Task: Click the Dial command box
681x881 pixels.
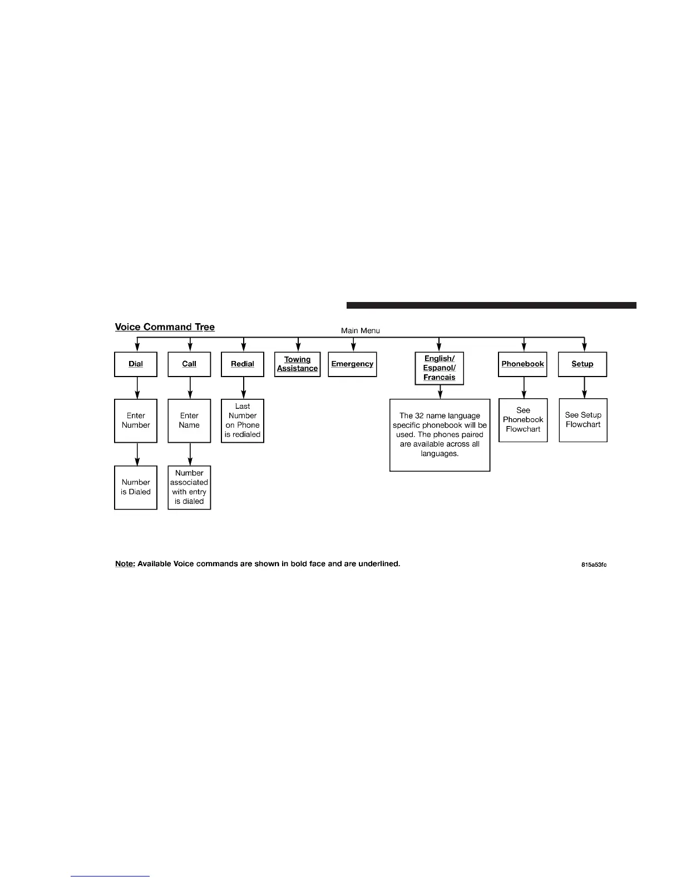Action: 136,364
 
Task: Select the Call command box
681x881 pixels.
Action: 189,364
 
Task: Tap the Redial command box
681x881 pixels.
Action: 243,364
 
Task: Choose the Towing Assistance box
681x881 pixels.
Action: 298,364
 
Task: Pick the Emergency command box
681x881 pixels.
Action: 352,364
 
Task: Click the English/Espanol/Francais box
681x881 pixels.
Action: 440,368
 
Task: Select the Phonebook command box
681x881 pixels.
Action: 523,364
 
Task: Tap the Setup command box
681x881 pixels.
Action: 583,364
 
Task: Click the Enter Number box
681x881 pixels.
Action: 136,420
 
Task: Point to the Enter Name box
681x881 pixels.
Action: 189,420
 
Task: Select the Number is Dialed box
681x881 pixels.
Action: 136,487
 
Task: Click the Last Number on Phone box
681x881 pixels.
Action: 243,420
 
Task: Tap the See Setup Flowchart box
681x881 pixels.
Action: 583,420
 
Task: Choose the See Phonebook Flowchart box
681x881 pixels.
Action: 523,420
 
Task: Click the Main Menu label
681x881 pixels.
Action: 361,330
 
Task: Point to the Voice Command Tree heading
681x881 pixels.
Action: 165,327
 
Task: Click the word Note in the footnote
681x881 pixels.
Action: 124,563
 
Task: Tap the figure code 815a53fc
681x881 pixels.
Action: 591,565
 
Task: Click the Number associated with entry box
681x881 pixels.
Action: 189,487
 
